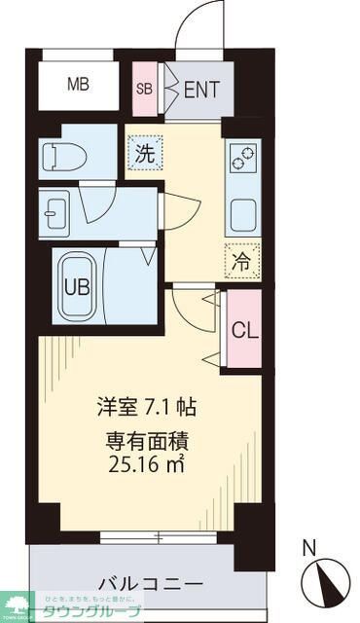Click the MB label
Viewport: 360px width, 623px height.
click(x=78, y=85)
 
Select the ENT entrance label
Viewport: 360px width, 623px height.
click(x=201, y=90)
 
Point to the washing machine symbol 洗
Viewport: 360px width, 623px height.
click(x=144, y=153)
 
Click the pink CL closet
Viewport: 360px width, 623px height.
click(x=244, y=329)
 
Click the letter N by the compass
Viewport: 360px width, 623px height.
click(x=309, y=547)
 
